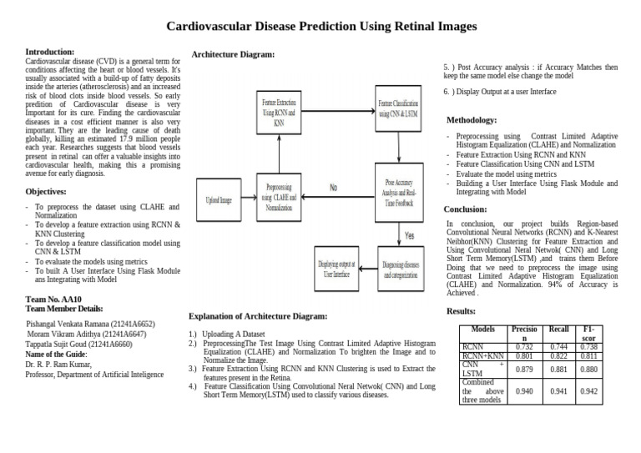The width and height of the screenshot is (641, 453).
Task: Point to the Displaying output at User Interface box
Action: point(338,268)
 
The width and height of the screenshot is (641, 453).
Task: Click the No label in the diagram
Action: point(334,189)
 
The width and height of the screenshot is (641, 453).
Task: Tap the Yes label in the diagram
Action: point(409,235)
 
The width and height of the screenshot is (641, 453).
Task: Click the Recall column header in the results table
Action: point(558,330)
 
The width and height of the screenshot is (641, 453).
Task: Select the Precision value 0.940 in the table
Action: point(525,390)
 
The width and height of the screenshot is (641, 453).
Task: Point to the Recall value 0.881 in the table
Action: point(558,369)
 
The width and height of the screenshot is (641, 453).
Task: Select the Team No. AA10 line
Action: point(54,299)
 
